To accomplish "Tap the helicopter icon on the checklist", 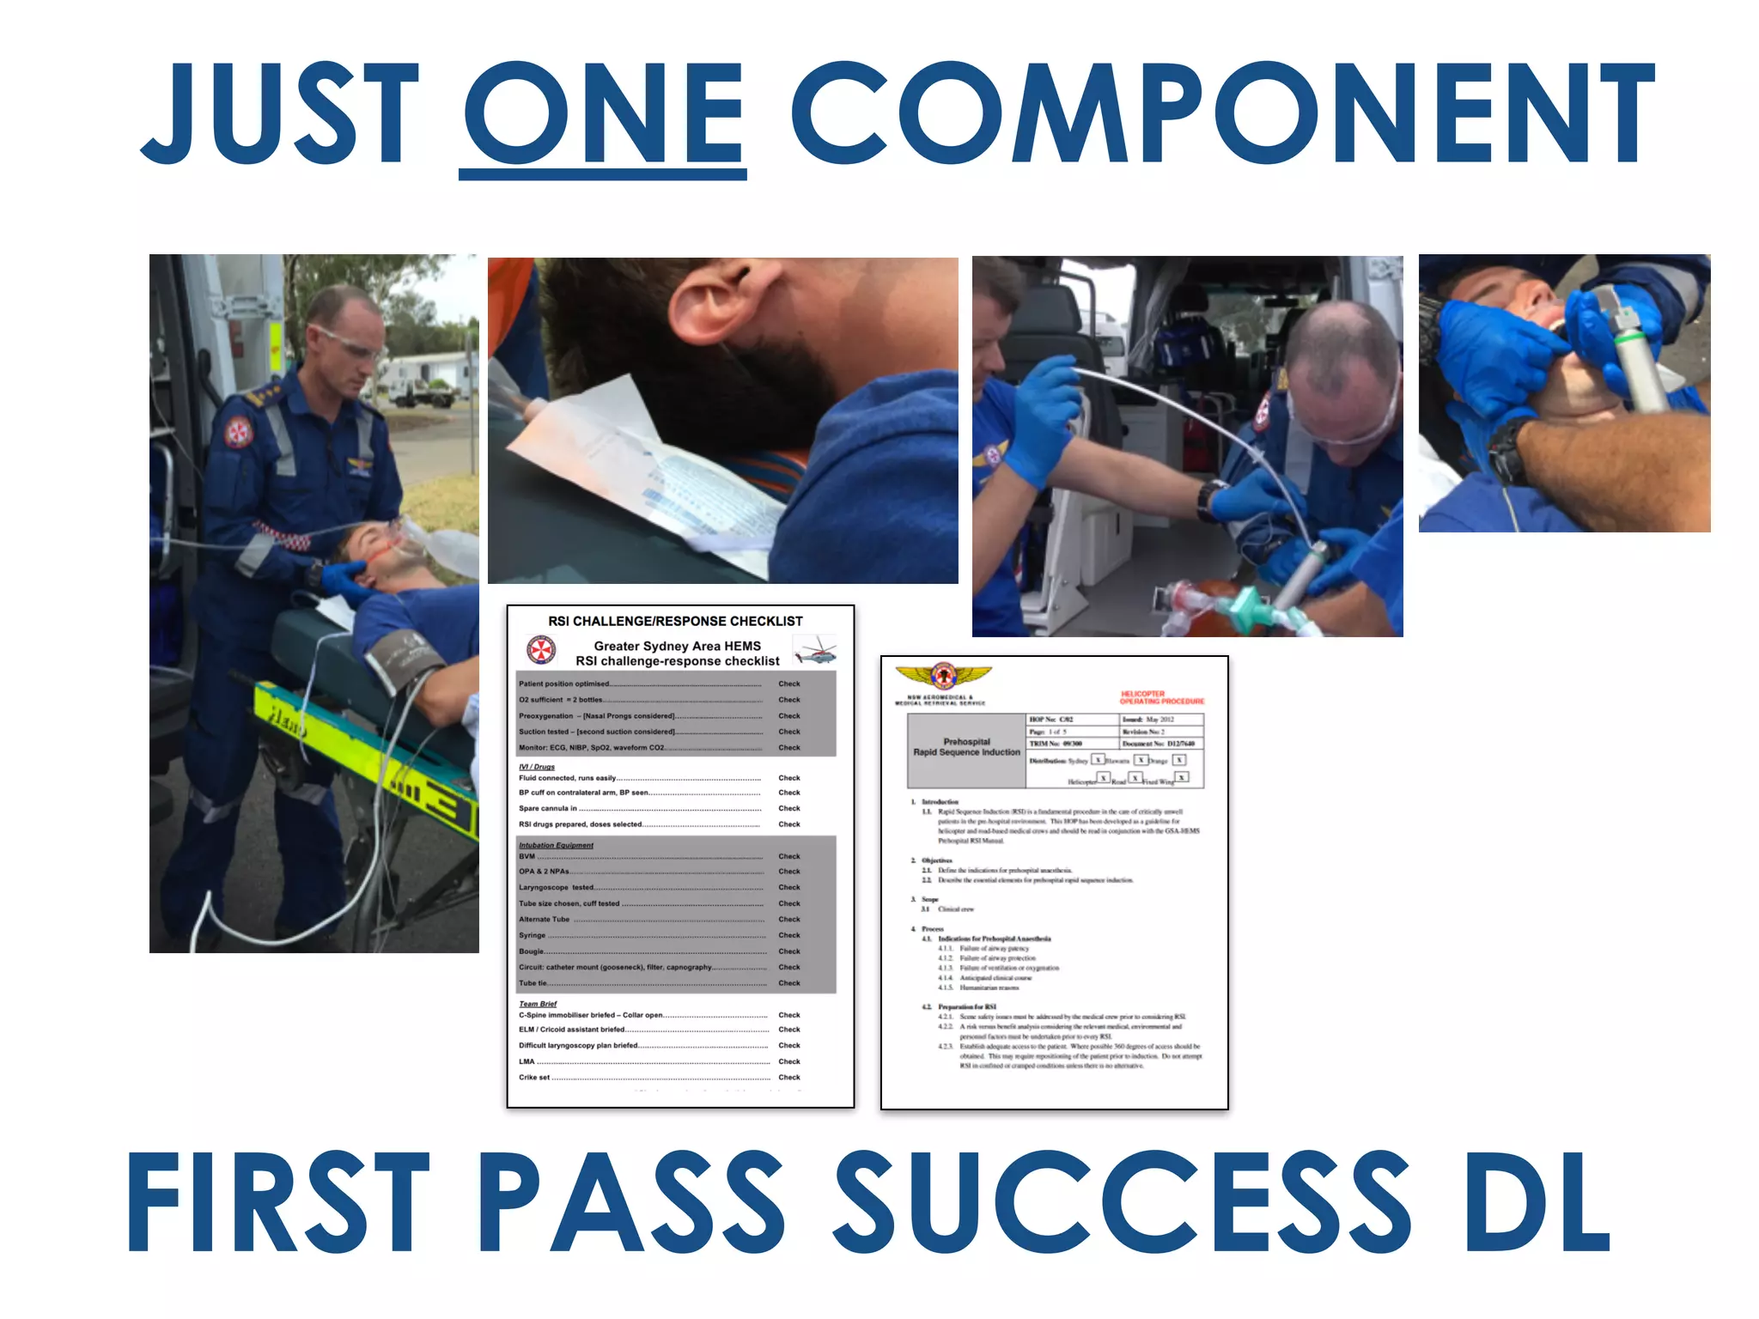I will pyautogui.click(x=815, y=650).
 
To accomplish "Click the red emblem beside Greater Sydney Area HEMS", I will pyautogui.click(x=541, y=650).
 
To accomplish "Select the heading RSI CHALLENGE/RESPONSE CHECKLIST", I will pyautogui.click(x=675, y=621).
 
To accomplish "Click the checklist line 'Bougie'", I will pyautogui.click(x=533, y=951).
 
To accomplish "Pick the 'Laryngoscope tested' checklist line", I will pyautogui.click(x=557, y=887).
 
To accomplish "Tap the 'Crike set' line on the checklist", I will pyautogui.click(x=534, y=1077).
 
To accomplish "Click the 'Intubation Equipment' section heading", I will pyautogui.click(x=556, y=845).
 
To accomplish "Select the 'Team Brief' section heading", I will pyautogui.click(x=538, y=1003).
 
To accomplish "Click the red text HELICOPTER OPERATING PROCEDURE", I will pyautogui.click(x=1161, y=697).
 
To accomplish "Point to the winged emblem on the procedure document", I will pyautogui.click(x=943, y=676).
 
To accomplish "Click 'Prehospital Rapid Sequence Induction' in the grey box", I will pyautogui.click(x=966, y=747).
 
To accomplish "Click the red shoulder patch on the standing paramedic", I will pyautogui.click(x=239, y=432).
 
